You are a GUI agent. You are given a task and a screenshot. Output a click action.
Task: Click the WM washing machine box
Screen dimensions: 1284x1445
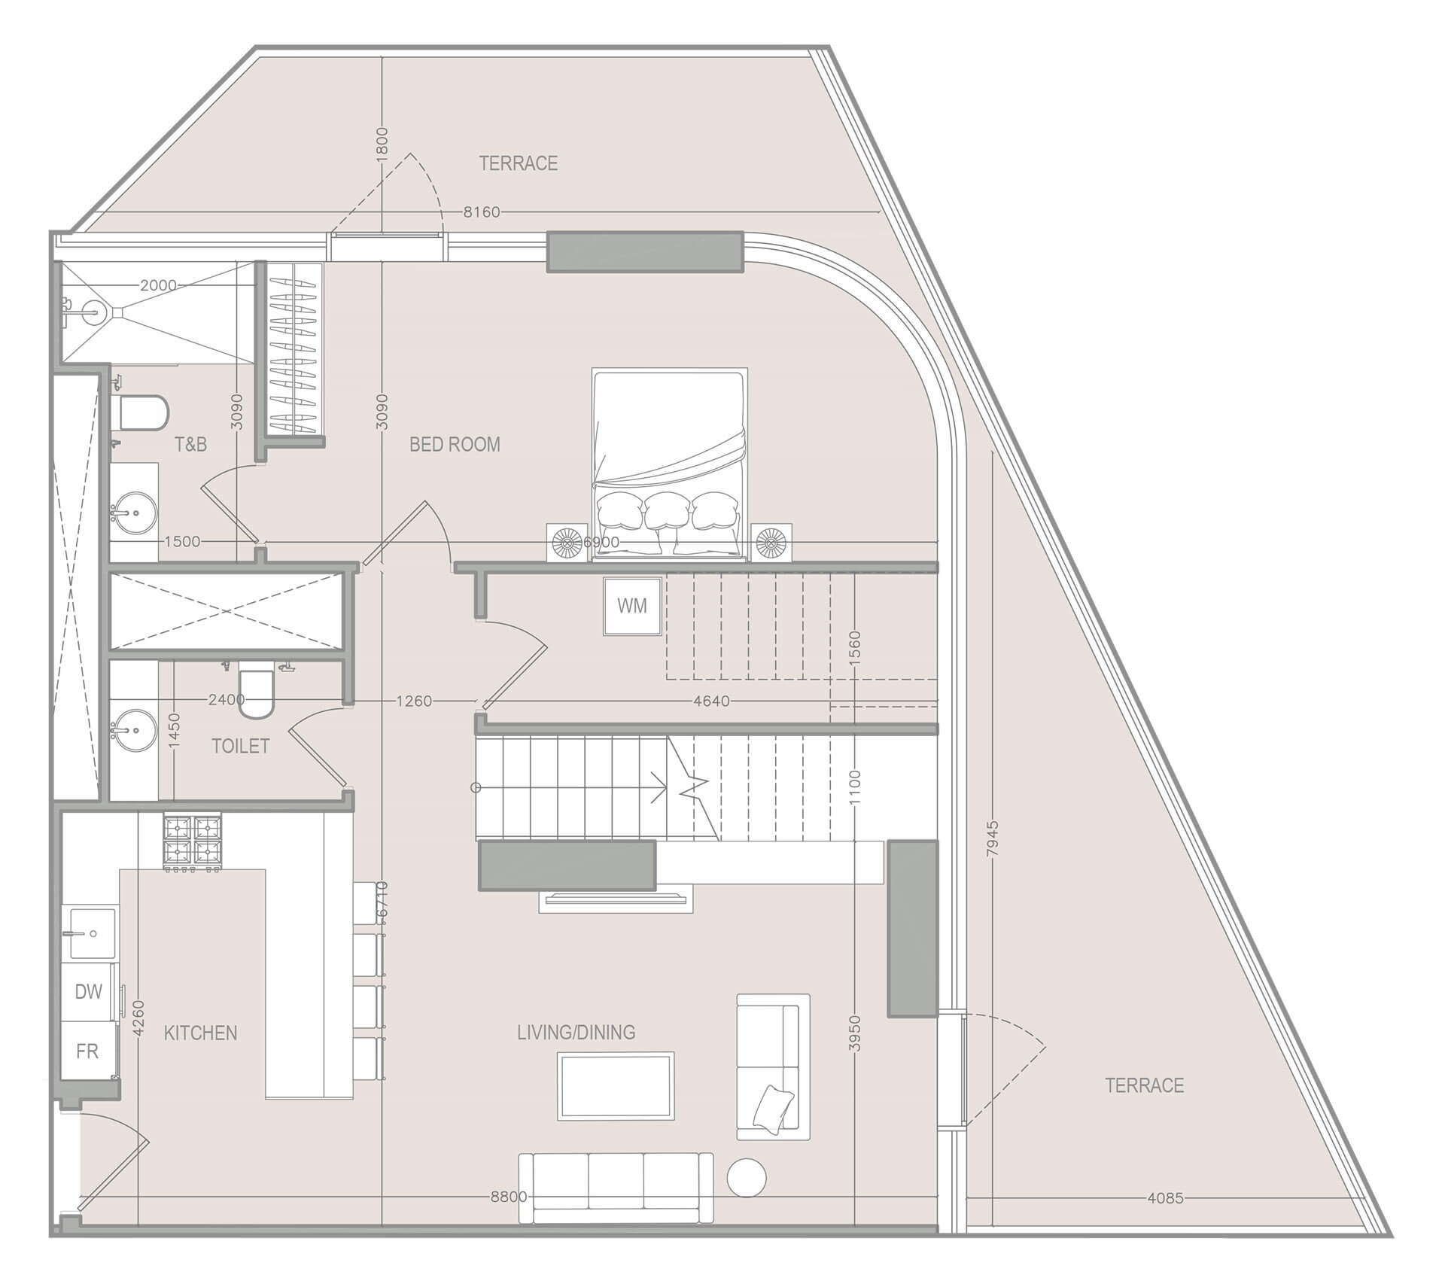632,606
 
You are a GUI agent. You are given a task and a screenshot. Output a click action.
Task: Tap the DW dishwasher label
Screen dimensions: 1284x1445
88,991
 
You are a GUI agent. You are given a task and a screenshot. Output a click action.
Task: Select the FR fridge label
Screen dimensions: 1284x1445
87,1051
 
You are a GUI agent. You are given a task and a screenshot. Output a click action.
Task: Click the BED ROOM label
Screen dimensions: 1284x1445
455,445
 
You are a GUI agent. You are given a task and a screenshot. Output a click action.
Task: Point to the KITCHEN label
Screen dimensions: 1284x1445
200,1033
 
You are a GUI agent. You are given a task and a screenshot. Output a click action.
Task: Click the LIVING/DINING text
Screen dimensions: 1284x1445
576,1032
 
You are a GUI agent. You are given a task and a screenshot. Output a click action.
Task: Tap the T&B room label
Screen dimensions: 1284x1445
190,445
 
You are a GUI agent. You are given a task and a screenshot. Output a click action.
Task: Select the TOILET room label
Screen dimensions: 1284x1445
240,746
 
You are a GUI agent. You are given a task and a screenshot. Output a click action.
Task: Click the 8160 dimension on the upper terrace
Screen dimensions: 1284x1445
482,212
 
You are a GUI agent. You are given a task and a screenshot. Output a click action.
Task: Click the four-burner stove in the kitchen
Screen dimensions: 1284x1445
192,841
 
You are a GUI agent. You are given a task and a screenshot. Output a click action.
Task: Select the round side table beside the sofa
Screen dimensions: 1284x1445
747,1176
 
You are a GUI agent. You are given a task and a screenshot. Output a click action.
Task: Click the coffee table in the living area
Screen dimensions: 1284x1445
615,1085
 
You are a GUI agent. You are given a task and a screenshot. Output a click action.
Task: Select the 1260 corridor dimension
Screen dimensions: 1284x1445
414,701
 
